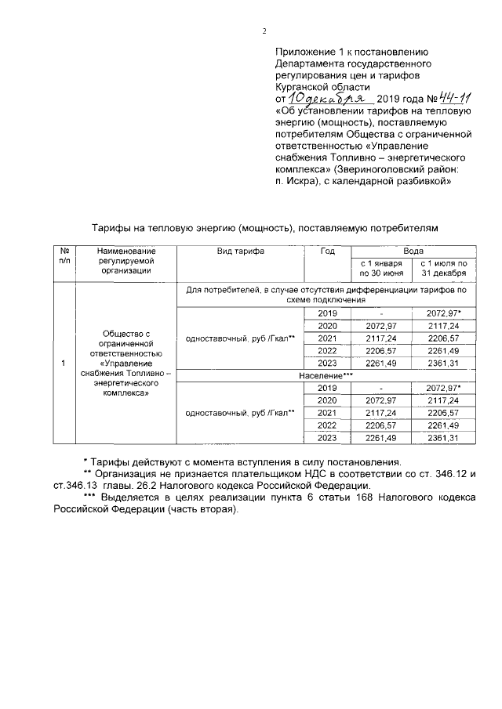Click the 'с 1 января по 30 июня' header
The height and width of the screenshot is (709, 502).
coord(381,268)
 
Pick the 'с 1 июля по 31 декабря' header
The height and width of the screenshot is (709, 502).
coord(444,268)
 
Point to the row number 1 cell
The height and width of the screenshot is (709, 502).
coord(63,364)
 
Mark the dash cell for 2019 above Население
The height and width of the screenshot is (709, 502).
coord(381,313)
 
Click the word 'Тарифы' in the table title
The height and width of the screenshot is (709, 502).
coord(111,226)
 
